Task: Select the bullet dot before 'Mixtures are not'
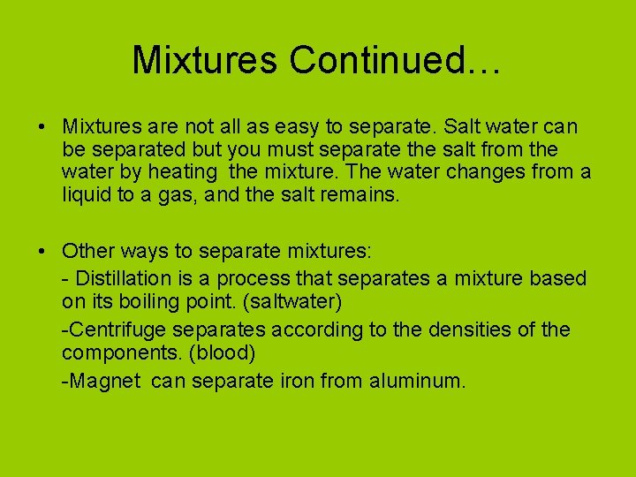coord(43,128)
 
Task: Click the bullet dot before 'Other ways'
coord(43,252)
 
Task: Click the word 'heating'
coord(185,172)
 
